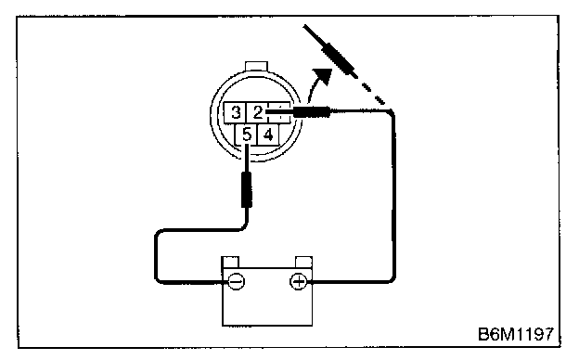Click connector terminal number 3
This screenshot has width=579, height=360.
[236, 112]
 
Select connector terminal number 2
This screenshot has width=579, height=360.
[257, 112]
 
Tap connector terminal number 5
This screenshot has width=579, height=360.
[246, 135]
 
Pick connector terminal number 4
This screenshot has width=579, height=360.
[268, 135]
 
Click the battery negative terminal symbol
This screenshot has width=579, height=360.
[236, 282]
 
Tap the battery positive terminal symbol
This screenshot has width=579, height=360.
[298, 282]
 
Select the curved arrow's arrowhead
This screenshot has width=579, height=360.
[323, 75]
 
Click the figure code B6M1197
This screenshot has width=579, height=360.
[516, 334]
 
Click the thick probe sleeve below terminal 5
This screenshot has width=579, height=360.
[247, 189]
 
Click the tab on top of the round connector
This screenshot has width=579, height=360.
[256, 66]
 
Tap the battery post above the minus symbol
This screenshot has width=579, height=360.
[230, 263]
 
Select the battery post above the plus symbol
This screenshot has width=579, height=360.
[304, 263]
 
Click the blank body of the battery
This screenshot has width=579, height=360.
[267, 306]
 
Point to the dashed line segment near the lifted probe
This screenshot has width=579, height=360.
[373, 93]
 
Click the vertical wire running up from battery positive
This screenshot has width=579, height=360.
[393, 196]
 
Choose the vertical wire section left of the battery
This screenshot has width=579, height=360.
[157, 257]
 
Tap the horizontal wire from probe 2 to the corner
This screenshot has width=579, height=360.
[360, 110]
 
